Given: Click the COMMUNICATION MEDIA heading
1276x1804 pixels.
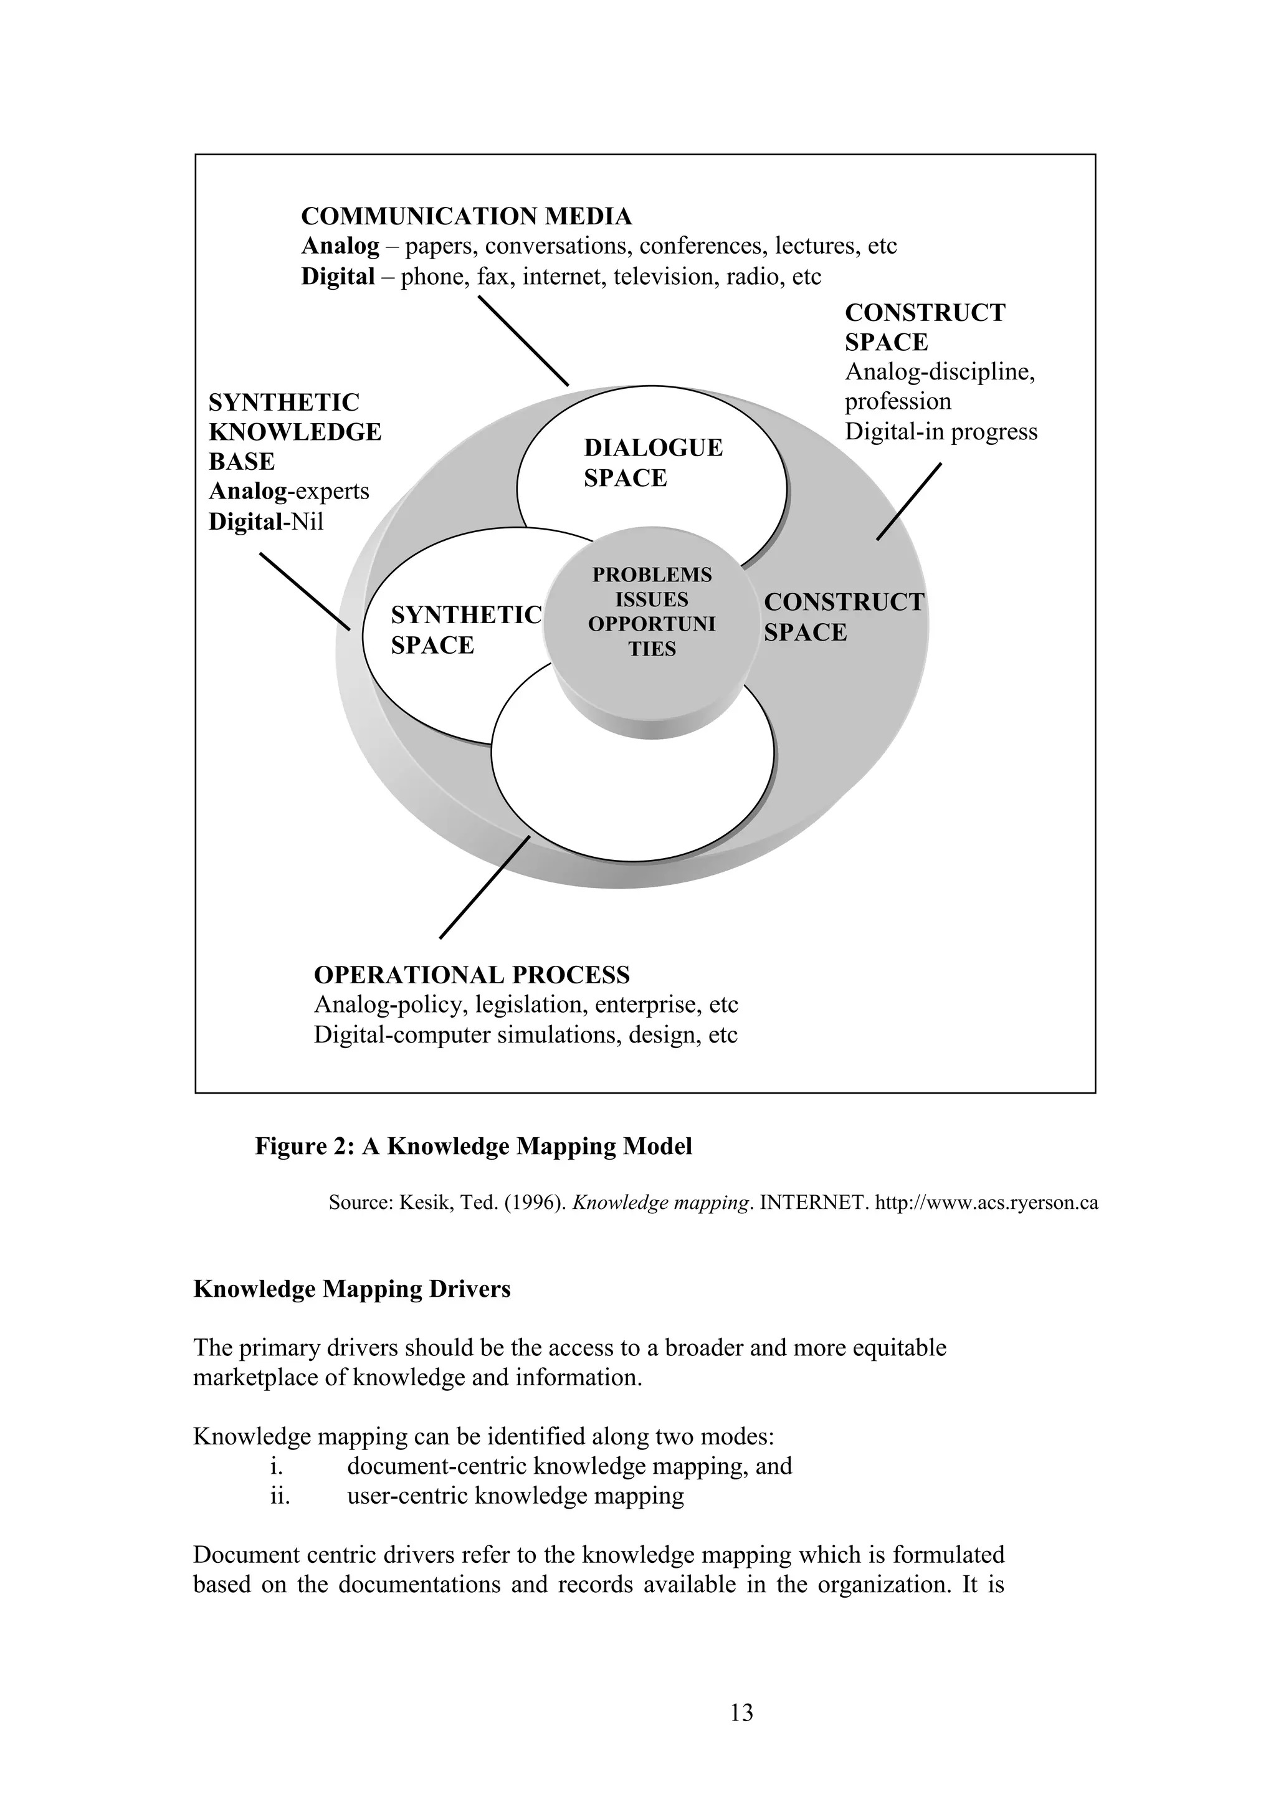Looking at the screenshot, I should pyautogui.click(x=466, y=216).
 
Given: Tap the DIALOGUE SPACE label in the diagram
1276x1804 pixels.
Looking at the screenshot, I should pyautogui.click(x=652, y=463).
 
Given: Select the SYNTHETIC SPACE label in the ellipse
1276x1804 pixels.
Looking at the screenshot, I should pyautogui.click(x=466, y=629).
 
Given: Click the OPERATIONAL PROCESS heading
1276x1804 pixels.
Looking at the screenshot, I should pyautogui.click(x=472, y=975).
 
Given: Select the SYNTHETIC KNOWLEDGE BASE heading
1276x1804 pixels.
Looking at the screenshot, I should pyautogui.click(x=295, y=431).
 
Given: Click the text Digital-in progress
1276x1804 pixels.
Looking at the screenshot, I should pyautogui.click(x=941, y=431).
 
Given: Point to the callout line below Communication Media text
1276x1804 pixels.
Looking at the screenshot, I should pyautogui.click(x=523, y=340).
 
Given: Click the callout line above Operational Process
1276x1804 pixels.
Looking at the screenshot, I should pyautogui.click(x=485, y=887).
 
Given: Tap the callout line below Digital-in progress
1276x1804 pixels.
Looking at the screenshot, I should pyautogui.click(x=909, y=501).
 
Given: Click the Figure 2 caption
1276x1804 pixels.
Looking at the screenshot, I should pyautogui.click(x=473, y=1147).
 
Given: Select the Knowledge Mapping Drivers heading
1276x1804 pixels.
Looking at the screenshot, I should pyautogui.click(x=351, y=1289).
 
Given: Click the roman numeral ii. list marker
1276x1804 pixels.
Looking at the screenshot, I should pyautogui.click(x=280, y=1495).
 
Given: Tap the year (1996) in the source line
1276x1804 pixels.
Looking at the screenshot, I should pyautogui.click(x=530, y=1203).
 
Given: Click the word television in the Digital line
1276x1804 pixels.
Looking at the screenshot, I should pyautogui.click(x=662, y=277).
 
